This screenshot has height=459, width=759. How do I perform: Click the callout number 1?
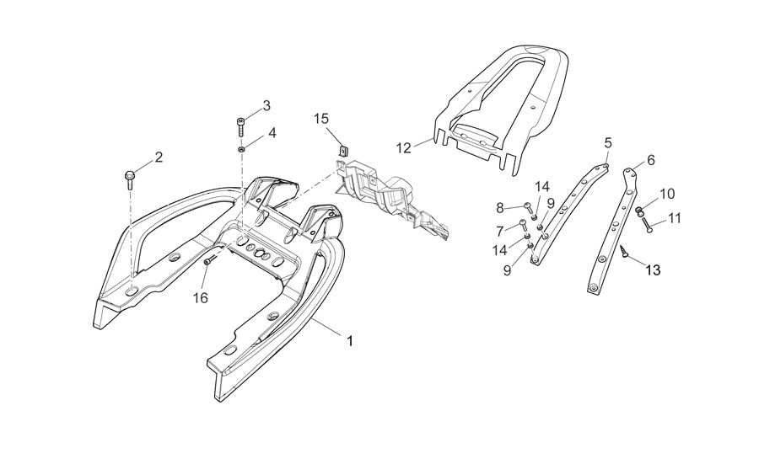349,341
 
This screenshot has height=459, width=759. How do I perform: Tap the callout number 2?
159,157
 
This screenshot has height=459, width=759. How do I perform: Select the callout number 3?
266,106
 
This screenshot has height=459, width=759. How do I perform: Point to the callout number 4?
272,132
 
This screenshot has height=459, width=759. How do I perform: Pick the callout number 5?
608,142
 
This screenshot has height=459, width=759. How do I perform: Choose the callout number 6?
650,160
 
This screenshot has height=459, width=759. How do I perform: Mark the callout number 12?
404,148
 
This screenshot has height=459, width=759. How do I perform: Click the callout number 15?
320,119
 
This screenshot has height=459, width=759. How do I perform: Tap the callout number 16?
201,298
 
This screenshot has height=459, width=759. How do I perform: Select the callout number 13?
653,270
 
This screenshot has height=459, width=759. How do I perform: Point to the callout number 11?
675,218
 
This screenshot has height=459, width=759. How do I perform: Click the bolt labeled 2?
130,179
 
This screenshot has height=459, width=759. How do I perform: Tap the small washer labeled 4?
240,149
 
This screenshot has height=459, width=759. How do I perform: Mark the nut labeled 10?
639,211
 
